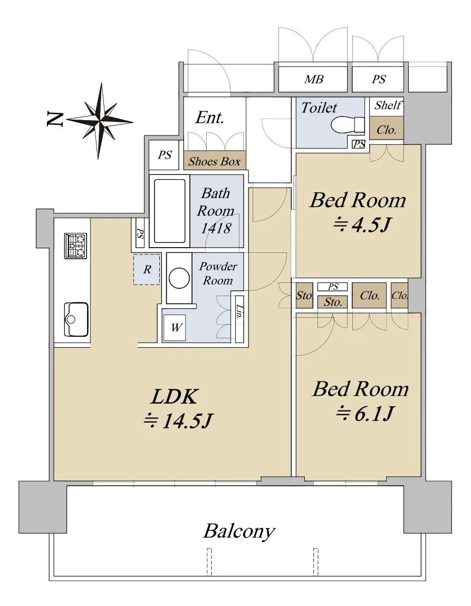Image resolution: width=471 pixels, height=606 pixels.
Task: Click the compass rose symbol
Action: (x=100, y=121)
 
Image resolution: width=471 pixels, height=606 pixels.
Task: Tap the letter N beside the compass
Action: (x=55, y=119)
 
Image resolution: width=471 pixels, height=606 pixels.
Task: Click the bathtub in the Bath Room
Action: (x=169, y=211)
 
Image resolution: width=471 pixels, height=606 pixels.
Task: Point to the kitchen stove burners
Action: (x=75, y=246)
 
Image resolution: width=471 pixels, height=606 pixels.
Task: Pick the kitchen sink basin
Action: (x=76, y=320)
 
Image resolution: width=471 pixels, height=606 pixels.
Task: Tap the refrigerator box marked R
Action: (x=147, y=269)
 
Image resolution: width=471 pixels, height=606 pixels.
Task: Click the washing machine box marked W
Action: (x=175, y=328)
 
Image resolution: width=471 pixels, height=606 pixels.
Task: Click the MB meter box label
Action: (x=314, y=79)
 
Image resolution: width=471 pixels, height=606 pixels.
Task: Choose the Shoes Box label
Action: (x=215, y=161)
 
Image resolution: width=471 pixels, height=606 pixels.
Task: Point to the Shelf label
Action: (x=388, y=105)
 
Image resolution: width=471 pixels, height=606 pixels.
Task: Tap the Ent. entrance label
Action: (x=209, y=118)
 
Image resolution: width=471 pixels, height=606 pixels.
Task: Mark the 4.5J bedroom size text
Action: (x=363, y=224)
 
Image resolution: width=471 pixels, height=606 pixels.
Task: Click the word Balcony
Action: (x=239, y=531)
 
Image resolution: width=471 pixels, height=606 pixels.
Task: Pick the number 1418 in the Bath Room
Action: (x=216, y=228)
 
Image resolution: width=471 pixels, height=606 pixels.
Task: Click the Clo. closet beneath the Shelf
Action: (x=386, y=130)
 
